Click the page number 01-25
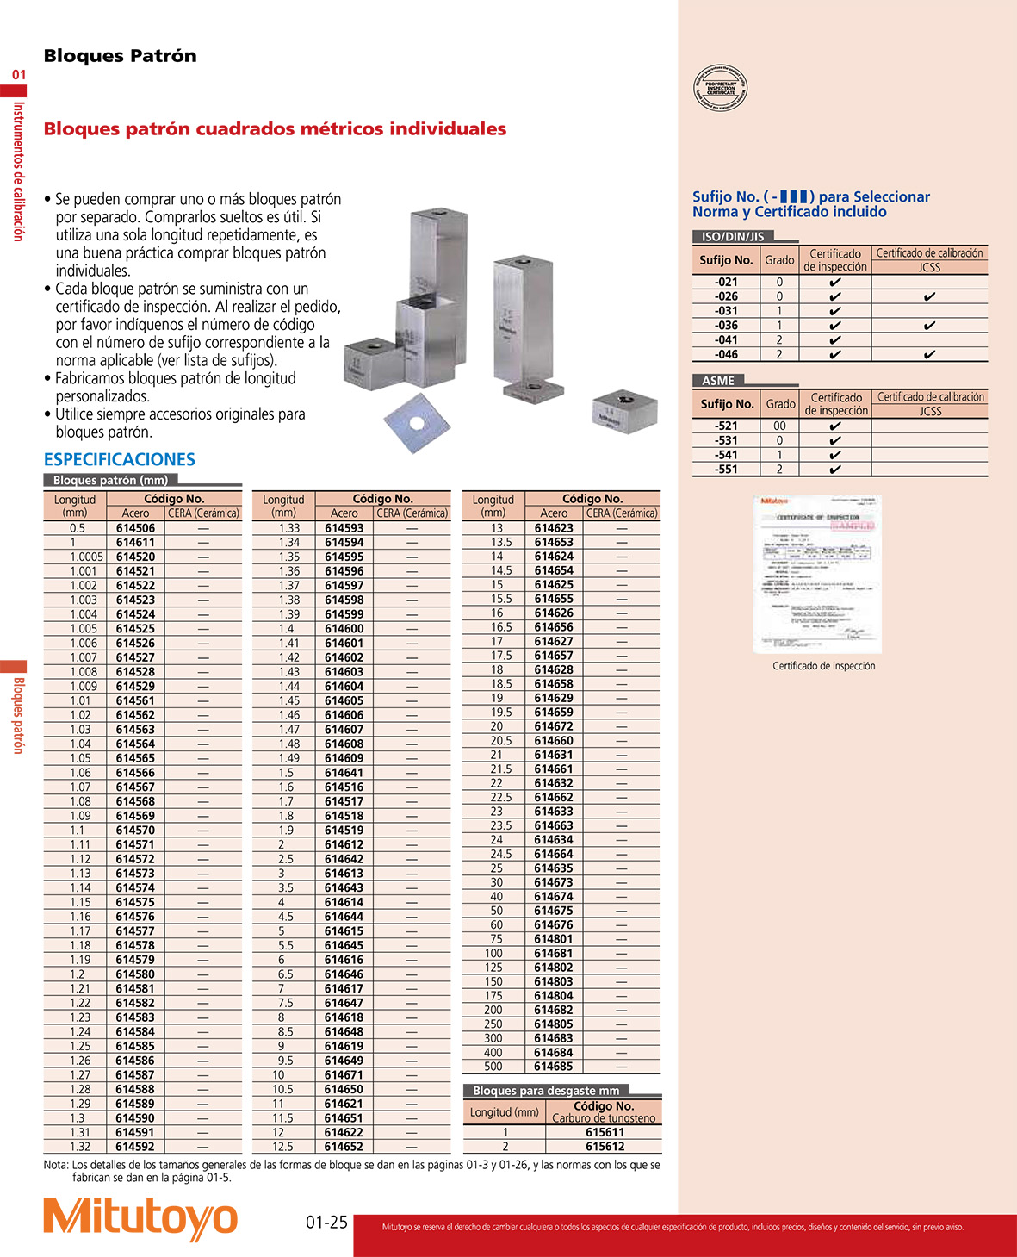(326, 1223)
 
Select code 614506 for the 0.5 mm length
(135, 528)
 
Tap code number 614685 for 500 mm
(553, 1067)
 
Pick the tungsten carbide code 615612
(605, 1147)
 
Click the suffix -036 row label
(726, 326)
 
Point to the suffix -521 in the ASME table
(726, 426)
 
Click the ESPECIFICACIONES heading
(120, 459)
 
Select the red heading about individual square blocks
(275, 129)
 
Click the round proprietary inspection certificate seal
(721, 89)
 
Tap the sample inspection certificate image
(818, 574)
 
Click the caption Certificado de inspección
(823, 666)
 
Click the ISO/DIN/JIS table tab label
(733, 236)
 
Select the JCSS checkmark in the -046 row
(929, 354)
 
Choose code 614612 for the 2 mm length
(344, 845)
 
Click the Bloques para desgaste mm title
(546, 1091)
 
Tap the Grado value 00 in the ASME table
(779, 426)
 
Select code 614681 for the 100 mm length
(553, 954)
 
